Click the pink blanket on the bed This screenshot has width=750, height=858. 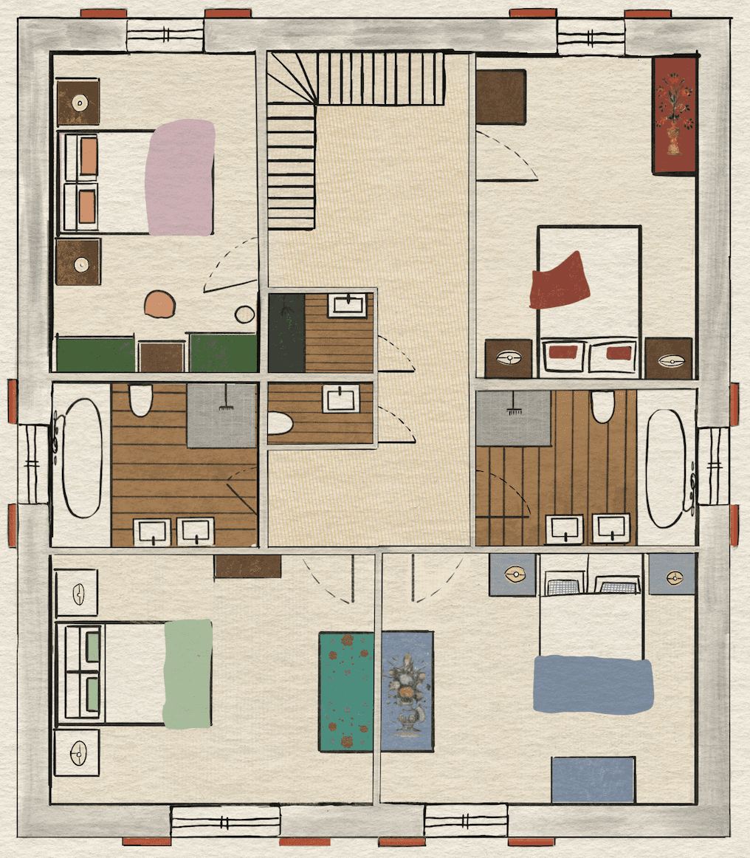(180, 178)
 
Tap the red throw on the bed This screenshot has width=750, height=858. (560, 281)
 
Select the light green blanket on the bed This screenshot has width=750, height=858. (187, 673)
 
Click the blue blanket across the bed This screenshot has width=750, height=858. (593, 684)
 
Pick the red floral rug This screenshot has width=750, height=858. (675, 115)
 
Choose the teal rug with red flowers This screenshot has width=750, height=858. (345, 691)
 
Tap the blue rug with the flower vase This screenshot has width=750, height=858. (407, 691)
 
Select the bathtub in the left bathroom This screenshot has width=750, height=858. (80, 458)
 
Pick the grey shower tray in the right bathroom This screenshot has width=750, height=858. (513, 418)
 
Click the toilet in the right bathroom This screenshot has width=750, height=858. (602, 405)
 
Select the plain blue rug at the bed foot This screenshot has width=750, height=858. (593, 779)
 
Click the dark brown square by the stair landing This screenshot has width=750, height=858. (500, 96)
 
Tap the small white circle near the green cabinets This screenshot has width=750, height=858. (244, 315)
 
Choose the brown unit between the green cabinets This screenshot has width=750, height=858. (162, 357)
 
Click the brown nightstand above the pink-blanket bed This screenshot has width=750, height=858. (78, 103)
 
